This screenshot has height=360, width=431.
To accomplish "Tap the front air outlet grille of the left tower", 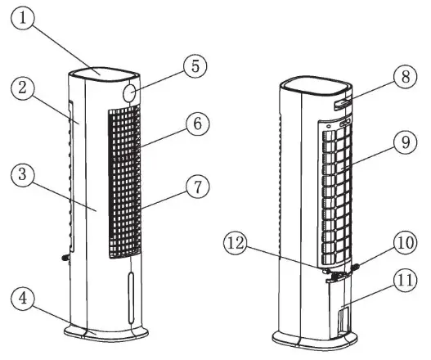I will point(123,184).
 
